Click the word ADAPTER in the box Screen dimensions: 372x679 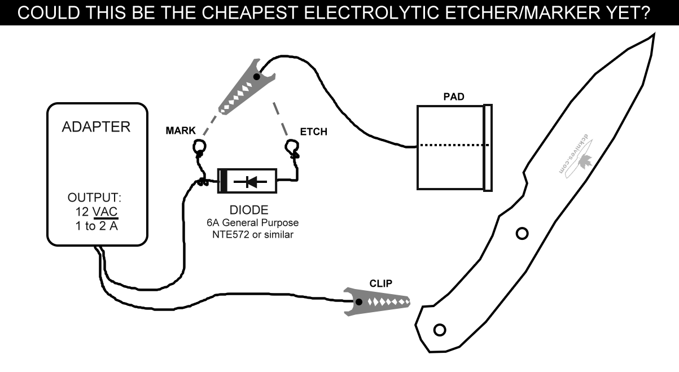95,126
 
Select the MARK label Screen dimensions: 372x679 181,131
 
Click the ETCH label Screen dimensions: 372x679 313,132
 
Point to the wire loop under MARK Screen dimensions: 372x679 200,148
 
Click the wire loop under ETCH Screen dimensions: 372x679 292,148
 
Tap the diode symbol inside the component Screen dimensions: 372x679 249,181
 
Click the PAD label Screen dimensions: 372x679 454,97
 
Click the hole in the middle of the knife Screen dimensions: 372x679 523,233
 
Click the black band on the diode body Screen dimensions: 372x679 223,181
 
